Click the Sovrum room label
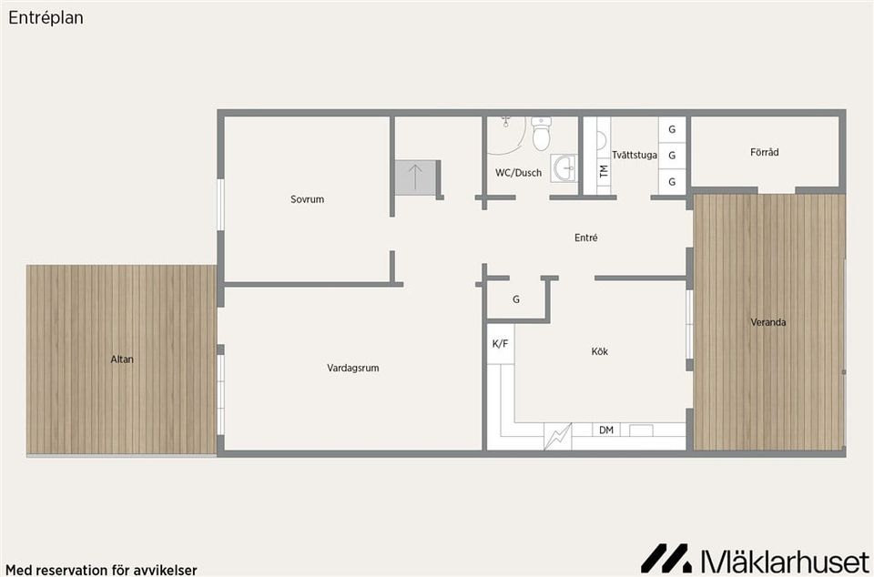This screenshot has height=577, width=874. coord(307,198)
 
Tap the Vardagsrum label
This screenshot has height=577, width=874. coord(353,368)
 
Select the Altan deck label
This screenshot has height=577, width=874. coord(122,359)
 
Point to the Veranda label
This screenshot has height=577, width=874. coord(768,322)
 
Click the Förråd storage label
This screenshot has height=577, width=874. coord(764,152)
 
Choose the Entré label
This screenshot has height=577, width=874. coord(585,238)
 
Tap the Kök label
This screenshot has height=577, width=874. coord(600,351)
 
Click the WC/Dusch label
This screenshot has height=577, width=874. coord(518,173)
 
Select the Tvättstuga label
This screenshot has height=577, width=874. coord(635,155)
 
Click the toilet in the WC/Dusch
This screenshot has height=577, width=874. coord(541,134)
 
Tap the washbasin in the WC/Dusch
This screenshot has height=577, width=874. coord(564,168)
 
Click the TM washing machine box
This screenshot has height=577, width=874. coord(604,170)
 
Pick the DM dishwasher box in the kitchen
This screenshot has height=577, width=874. coord(606,430)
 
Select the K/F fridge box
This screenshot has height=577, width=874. coord(501,344)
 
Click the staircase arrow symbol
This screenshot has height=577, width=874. coord(415,177)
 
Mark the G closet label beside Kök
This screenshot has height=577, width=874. coord(516,299)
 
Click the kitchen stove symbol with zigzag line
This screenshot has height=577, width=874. coord(558,436)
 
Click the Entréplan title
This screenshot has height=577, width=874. coord(46,18)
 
